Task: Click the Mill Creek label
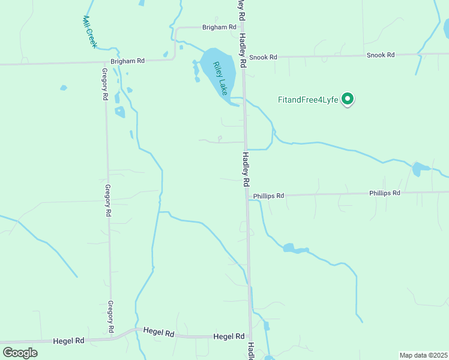coord(90,32)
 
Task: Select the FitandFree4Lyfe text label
coord(309,100)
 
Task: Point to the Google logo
coord(20,352)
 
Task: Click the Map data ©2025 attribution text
coord(423,355)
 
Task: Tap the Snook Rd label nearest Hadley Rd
coord(264,57)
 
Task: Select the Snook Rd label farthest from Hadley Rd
coord(381,55)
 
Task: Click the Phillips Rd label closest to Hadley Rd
coord(268,196)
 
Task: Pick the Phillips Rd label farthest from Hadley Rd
coord(384,193)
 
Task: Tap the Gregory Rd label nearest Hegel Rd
coord(110,317)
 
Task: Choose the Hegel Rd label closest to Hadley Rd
coord(229,337)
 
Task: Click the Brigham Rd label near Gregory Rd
coord(128,61)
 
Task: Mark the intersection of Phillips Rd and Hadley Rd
coord(247,196)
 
